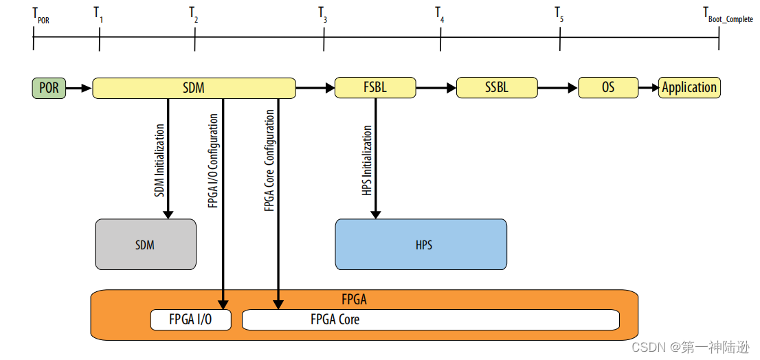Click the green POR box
(x=49, y=88)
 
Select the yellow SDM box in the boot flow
(x=194, y=88)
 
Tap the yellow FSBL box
(x=375, y=88)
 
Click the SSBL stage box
(x=496, y=88)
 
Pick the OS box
(x=608, y=88)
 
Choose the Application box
(x=689, y=88)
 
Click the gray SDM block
(x=145, y=245)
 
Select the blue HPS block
(x=421, y=245)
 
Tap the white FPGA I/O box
(x=191, y=319)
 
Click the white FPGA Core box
(x=431, y=319)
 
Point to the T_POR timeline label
(x=40, y=15)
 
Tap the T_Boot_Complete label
(x=727, y=15)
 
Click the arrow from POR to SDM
(x=78, y=88)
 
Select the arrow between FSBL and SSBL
(x=436, y=88)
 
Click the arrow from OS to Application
(x=648, y=88)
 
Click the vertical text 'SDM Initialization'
(x=159, y=160)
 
